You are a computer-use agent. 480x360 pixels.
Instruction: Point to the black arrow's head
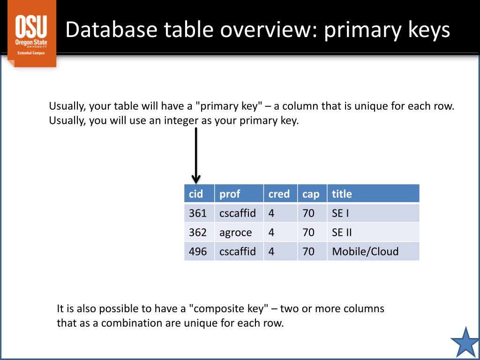196,179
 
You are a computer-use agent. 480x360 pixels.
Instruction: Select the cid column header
199,194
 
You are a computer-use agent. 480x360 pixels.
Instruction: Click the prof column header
239,194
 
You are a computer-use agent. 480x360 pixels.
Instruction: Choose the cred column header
279,194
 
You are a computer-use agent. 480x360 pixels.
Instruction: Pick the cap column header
311,194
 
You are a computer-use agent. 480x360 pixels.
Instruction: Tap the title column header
373,194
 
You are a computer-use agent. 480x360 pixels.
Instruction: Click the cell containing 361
199,213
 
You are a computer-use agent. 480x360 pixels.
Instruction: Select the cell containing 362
199,232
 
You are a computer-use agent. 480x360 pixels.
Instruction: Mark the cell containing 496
199,251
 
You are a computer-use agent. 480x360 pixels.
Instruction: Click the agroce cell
239,232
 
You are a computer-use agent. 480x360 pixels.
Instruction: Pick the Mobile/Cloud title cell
373,251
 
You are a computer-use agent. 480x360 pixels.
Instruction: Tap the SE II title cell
373,232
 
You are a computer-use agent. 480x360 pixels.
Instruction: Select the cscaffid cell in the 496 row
239,251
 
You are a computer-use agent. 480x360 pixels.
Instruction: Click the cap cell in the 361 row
311,213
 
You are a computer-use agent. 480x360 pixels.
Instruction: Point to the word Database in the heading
112,30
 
